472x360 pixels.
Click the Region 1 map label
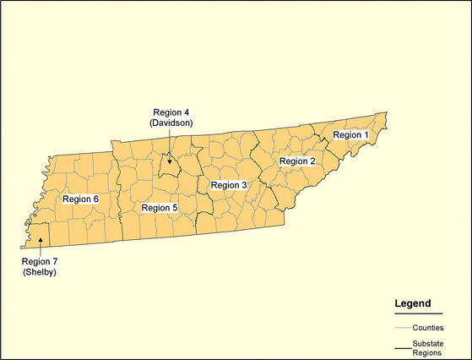point(350,135)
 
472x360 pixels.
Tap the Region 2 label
point(297,161)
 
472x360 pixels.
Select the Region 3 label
point(229,185)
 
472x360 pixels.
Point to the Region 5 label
point(160,208)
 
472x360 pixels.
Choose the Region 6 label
point(81,199)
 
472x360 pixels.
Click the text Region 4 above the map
point(171,112)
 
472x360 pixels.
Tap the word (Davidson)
point(171,123)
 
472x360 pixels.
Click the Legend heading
point(413,303)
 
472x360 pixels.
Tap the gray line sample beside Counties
point(402,327)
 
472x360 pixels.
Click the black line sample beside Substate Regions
point(402,347)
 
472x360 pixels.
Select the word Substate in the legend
point(429,342)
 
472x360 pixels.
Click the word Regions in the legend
point(428,353)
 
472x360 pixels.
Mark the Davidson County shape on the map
point(170,168)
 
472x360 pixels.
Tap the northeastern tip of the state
point(385,114)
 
